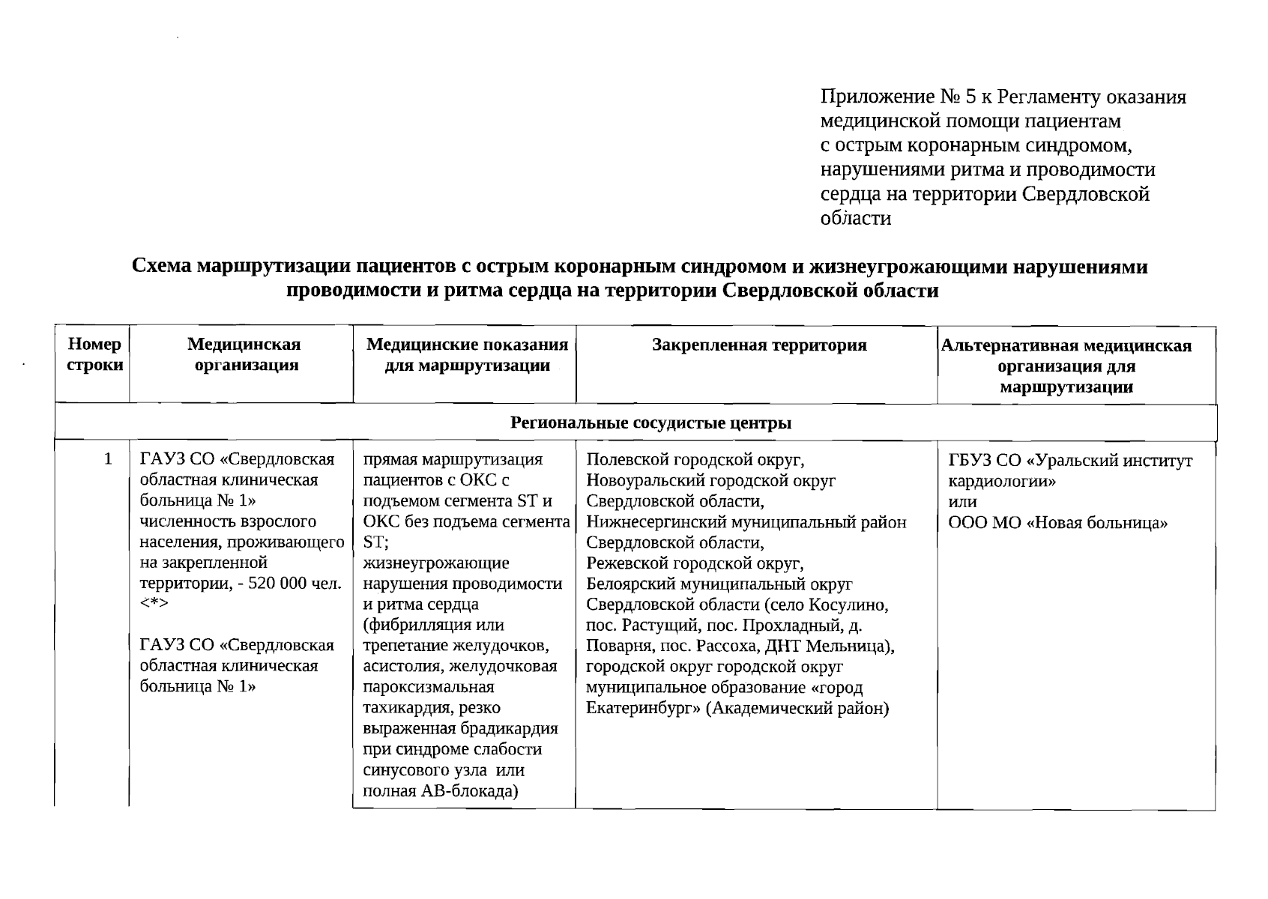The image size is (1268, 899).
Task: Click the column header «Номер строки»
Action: pyautogui.click(x=94, y=354)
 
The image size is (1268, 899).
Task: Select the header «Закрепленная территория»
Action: pyautogui.click(x=758, y=345)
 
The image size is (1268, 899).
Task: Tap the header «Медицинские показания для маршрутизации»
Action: pyautogui.click(x=466, y=355)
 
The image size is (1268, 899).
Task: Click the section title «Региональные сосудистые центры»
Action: pyautogui.click(x=650, y=423)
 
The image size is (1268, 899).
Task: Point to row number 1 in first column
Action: pyautogui.click(x=109, y=458)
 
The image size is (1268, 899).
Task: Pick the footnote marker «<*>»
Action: pyautogui.click(x=154, y=604)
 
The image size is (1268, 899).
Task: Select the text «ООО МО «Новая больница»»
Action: pyautogui.click(x=1057, y=523)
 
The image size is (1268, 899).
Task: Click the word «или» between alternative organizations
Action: pyautogui.click(x=962, y=502)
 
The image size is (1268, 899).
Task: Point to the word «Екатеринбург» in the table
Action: pyautogui.click(x=643, y=709)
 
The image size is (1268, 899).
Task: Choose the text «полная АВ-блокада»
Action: pyautogui.click(x=441, y=791)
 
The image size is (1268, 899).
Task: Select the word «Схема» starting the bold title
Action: pyautogui.click(x=161, y=267)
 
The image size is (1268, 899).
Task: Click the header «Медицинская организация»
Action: pyautogui.click(x=244, y=354)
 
